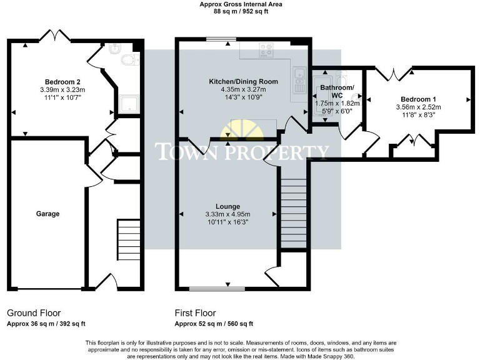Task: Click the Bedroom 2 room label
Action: pyautogui.click(x=62, y=81)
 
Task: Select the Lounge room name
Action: pyautogui.click(x=228, y=206)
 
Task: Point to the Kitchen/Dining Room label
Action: pyautogui.click(x=243, y=82)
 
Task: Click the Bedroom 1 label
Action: pyautogui.click(x=418, y=99)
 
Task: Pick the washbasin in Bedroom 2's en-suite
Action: pyautogui.click(x=114, y=48)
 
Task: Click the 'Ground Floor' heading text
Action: pyautogui.click(x=34, y=312)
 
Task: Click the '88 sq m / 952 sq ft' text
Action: pyautogui.click(x=241, y=11)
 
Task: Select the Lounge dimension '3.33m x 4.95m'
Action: pyautogui.click(x=228, y=214)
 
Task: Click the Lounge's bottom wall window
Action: pyautogui.click(x=208, y=289)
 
